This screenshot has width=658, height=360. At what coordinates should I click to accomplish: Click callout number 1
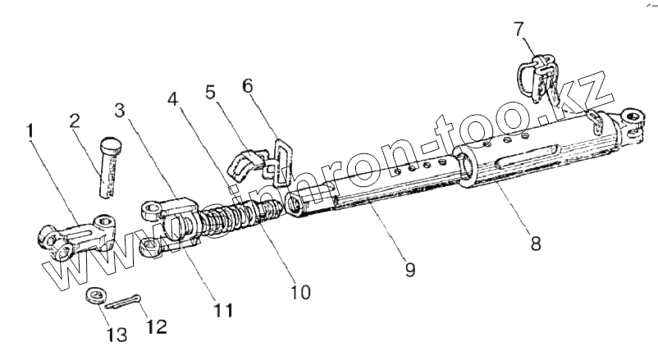pos(30,132)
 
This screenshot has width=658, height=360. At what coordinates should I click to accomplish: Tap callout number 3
pos(121,109)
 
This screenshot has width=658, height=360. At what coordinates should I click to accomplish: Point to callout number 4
pos(172,99)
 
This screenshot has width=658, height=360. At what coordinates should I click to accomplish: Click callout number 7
pos(519,30)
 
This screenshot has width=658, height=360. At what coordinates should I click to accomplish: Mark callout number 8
pos(536,243)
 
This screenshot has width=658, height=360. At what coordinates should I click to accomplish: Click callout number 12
pos(156,326)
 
